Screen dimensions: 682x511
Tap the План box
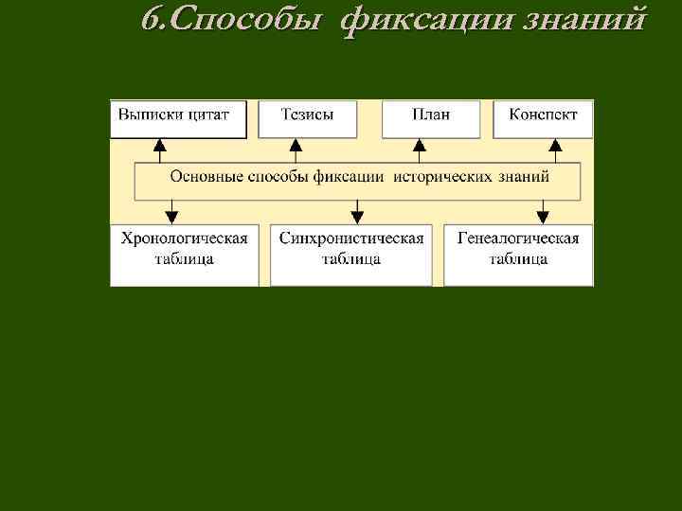pos(431,119)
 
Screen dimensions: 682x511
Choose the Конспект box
pos(543,119)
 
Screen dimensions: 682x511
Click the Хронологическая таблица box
pos(184,254)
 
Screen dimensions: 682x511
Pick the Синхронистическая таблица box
pos(351,254)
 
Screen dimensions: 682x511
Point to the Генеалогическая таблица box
pos(518,254)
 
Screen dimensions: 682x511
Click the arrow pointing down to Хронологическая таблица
pos(172,211)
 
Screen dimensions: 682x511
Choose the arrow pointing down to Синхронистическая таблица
pos(357,211)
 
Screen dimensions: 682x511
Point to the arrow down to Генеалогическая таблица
pos(543,211)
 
